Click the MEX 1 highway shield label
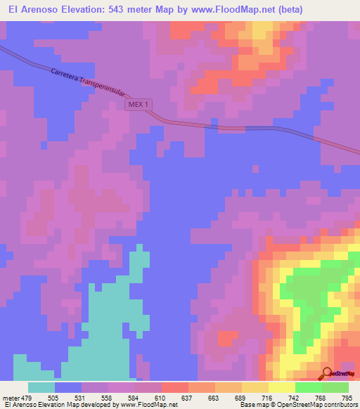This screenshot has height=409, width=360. pos(139,104)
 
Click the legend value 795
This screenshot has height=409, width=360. pos(347,398)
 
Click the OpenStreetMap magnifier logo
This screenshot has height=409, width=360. pos(328,373)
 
